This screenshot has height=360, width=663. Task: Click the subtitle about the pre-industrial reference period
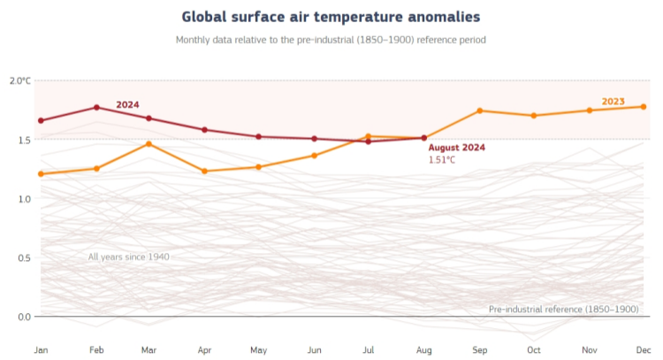(331, 40)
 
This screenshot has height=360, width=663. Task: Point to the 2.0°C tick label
(20, 80)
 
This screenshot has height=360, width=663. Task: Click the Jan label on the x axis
(41, 350)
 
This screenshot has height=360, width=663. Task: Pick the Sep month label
(479, 350)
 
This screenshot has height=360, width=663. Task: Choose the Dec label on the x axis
(644, 350)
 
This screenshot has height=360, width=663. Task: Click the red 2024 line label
(127, 104)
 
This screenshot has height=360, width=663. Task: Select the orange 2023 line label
(613, 101)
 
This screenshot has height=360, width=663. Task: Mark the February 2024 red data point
(96, 107)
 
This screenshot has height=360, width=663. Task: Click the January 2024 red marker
(41, 120)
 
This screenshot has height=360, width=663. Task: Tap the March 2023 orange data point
(149, 143)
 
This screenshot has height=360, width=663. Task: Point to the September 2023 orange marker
(479, 111)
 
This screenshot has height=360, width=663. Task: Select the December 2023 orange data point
(643, 106)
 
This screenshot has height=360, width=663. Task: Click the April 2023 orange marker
(205, 171)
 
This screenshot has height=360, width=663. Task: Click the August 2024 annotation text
(456, 148)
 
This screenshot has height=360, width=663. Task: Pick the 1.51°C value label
(442, 160)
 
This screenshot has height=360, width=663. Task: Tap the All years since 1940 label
(128, 257)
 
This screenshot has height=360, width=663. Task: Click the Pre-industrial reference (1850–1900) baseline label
(563, 309)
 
